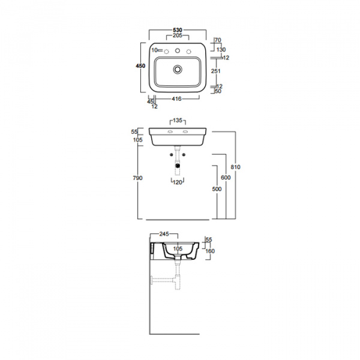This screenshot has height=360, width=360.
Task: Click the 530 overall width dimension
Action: coord(178,29)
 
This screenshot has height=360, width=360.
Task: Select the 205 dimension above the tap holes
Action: coord(178,37)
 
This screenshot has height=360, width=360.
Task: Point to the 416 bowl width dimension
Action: coord(177,98)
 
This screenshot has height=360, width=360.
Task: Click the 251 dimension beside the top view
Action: coord(216,71)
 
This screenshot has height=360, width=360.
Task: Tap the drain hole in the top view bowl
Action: coord(178,70)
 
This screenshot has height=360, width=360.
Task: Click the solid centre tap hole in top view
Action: coord(178,50)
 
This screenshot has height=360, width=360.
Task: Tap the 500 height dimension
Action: coord(216,188)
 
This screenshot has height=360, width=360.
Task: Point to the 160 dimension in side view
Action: coord(211,251)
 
